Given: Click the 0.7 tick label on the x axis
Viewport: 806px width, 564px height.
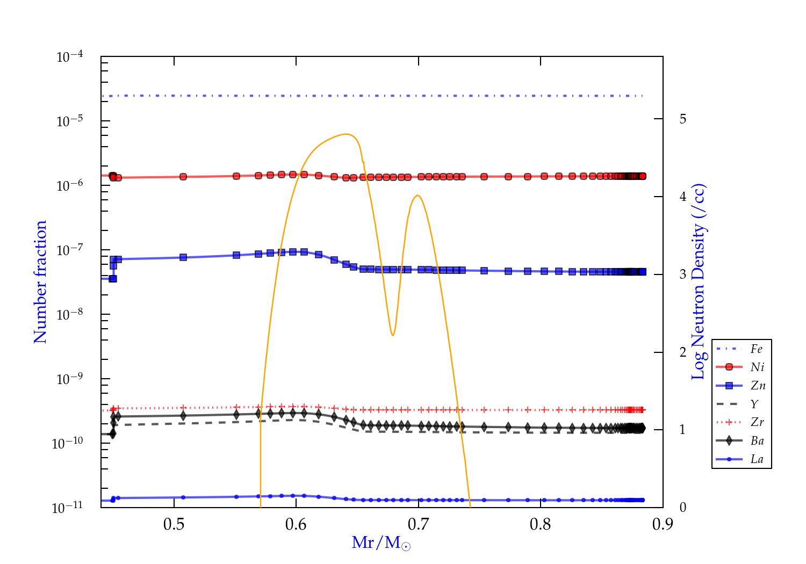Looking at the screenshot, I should [418, 524].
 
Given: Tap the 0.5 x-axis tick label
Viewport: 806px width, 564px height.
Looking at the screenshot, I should [174, 524].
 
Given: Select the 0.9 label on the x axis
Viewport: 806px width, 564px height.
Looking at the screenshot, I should [663, 524].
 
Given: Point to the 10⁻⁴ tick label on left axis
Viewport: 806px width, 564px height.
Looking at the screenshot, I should [70, 57].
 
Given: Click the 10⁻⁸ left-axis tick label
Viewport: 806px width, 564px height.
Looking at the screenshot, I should [70, 314].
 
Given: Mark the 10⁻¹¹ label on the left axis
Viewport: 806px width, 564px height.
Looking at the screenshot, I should [68, 507].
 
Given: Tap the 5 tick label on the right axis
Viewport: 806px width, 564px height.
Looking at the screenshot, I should [682, 119].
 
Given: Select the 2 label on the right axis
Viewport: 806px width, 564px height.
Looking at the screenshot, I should [682, 352].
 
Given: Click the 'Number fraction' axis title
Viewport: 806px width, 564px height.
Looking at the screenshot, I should [41, 282].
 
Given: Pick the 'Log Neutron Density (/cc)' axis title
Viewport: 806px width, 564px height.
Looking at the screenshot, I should [699, 282].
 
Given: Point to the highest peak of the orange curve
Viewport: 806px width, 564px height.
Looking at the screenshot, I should [347, 134].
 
